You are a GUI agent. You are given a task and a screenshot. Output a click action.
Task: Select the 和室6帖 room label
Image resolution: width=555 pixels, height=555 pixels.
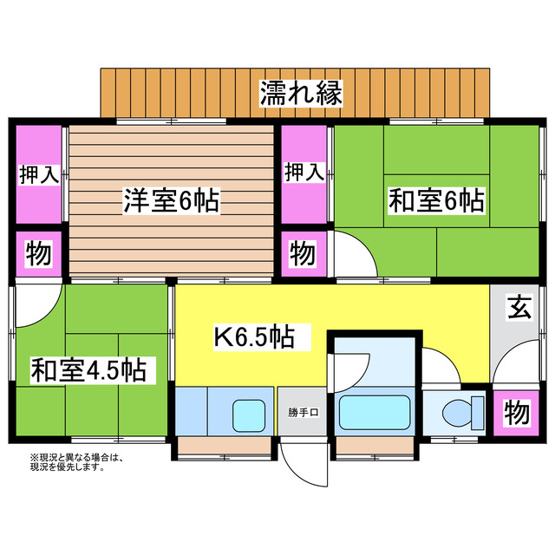(x=435, y=202)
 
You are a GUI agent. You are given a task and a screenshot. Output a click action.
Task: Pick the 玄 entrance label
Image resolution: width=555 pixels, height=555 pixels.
(x=519, y=306)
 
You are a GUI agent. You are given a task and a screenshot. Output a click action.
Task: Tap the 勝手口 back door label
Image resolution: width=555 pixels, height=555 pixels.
(x=304, y=412)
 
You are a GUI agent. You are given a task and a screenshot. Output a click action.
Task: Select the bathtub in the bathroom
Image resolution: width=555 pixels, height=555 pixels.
(x=375, y=411)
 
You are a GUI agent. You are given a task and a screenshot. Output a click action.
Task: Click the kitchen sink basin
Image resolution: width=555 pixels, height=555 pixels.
(x=248, y=412)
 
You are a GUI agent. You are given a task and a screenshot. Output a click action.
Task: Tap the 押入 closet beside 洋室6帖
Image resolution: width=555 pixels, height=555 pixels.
(x=38, y=174)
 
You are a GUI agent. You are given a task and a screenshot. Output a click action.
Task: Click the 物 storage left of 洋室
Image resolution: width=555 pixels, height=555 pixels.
(x=38, y=255)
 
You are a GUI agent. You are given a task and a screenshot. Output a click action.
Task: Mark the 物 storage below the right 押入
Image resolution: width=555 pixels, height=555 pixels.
(x=303, y=254)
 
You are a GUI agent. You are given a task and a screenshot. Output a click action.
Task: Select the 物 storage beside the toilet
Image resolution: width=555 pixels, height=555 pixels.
(x=517, y=413)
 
